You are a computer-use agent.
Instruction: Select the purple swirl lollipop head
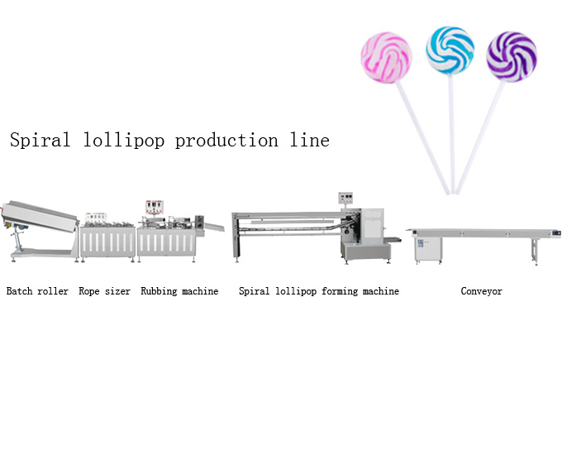click(512, 55)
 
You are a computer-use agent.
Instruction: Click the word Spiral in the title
click(40, 141)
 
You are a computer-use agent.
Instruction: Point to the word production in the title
click(221, 141)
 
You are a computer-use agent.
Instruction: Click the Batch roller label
click(37, 291)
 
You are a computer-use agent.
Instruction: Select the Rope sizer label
click(104, 291)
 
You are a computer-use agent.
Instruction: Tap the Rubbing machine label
click(179, 291)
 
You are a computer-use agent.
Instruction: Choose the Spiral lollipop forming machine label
click(319, 291)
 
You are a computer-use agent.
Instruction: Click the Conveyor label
click(481, 291)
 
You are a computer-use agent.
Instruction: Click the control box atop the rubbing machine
click(152, 207)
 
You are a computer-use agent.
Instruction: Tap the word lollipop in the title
click(118, 141)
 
